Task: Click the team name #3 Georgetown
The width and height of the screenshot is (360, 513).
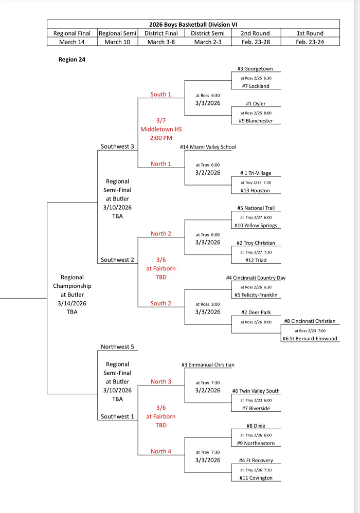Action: point(255,69)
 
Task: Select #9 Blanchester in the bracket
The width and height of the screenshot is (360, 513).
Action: point(256,121)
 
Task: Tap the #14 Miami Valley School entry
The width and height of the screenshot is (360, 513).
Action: point(208,147)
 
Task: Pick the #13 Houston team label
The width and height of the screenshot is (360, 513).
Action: point(255,191)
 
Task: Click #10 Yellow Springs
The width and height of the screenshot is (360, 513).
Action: point(256,226)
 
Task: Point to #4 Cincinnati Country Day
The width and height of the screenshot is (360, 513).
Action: point(256,278)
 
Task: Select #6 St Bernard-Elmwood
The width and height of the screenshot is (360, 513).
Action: point(310,339)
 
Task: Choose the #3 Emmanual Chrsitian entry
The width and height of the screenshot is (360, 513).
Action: point(208,365)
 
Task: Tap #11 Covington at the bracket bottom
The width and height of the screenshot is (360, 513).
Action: point(256,478)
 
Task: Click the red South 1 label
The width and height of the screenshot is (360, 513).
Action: point(161,95)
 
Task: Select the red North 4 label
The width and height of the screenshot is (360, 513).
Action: point(161,452)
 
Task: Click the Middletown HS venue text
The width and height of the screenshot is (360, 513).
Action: point(161,130)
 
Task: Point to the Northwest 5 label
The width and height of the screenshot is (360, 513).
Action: point(117,347)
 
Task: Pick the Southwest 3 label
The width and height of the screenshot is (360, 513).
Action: point(117,147)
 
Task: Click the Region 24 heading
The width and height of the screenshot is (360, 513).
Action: point(72,60)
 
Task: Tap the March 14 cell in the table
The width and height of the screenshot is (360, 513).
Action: point(72,42)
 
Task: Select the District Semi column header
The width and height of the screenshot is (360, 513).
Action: point(208,33)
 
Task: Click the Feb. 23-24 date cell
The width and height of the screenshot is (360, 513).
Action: point(310,42)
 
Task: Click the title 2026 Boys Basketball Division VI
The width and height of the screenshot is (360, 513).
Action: point(193,24)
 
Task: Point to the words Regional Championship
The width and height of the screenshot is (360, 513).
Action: point(72,282)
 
